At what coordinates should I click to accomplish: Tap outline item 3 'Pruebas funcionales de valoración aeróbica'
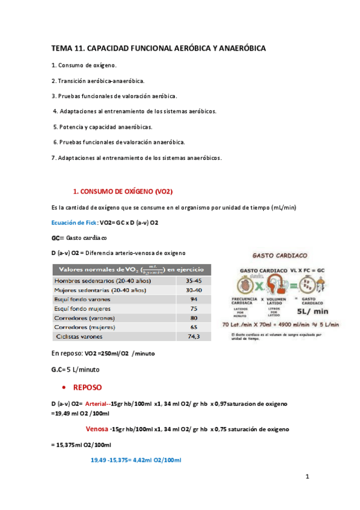pyautogui.click(x=114, y=96)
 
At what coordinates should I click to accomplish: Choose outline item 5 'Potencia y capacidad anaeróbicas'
pyautogui.click(x=103, y=127)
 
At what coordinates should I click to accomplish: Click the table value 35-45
pyautogui.click(x=193, y=280)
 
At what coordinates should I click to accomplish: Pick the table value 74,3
pyautogui.click(x=193, y=337)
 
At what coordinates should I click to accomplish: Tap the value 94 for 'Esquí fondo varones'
pyautogui.click(x=193, y=299)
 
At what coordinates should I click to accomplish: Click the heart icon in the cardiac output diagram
pyautogui.click(x=241, y=284)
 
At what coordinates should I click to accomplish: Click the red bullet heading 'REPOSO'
pyautogui.click(x=88, y=387)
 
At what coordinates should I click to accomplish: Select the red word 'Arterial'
pyautogui.click(x=98, y=402)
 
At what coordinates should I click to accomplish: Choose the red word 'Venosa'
pyautogui.click(x=97, y=429)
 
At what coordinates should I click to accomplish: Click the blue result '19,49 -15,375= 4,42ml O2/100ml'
pyautogui.click(x=136, y=460)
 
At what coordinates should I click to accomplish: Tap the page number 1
pyautogui.click(x=307, y=478)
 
